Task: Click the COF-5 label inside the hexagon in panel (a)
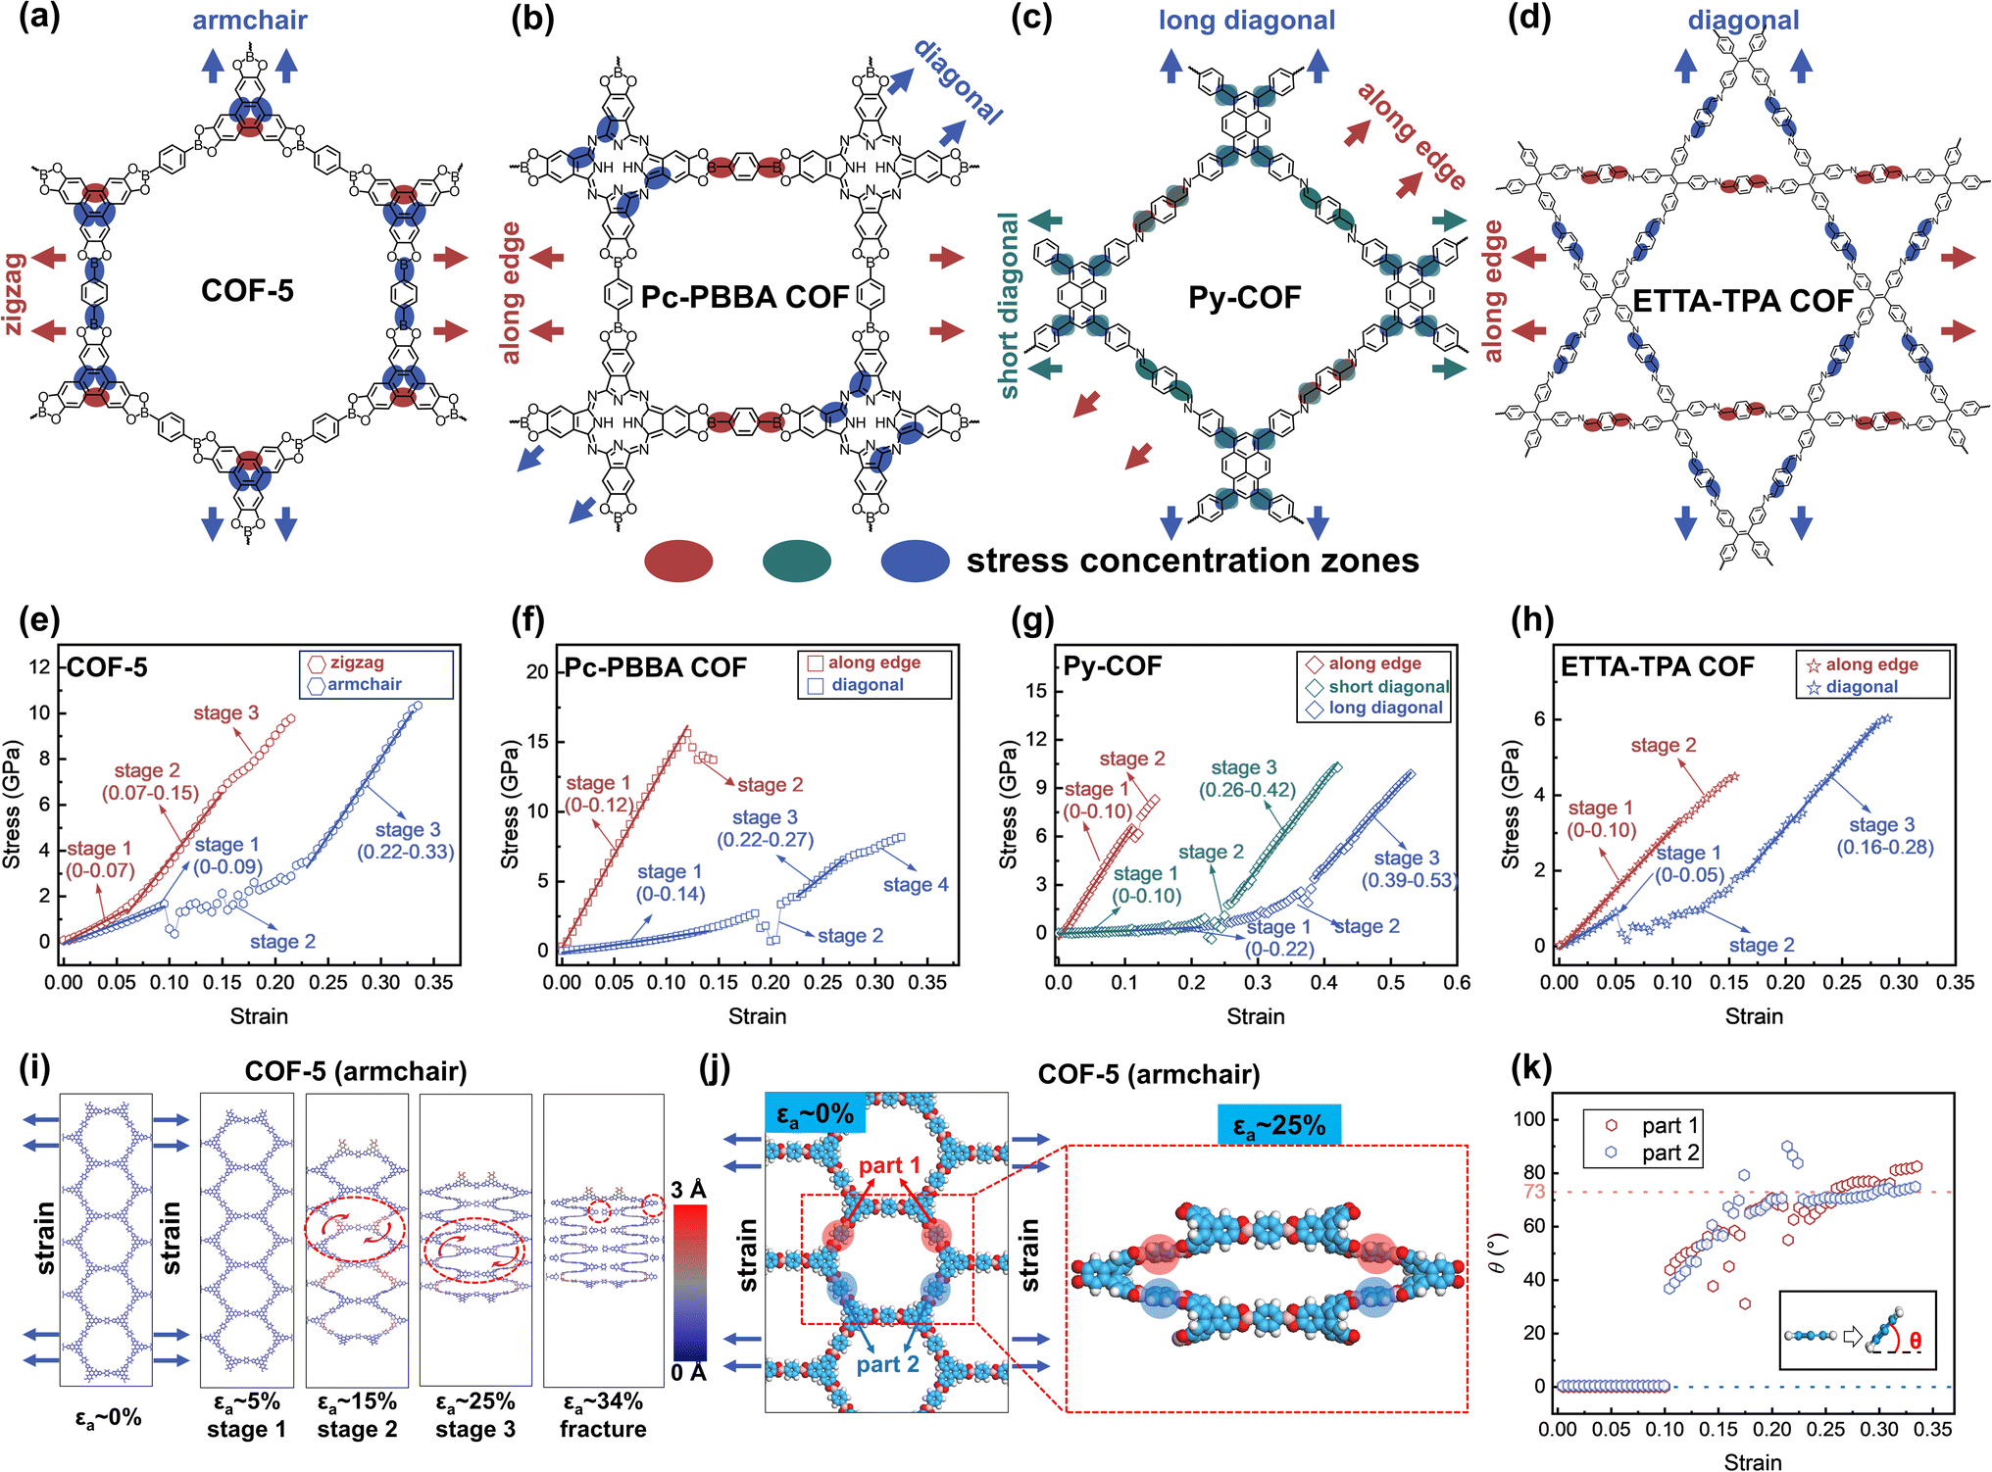[247, 291]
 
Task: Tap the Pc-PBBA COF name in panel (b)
[745, 297]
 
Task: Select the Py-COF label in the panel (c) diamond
[1245, 297]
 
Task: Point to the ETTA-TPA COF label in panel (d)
[1743, 301]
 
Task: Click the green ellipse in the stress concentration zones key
[797, 561]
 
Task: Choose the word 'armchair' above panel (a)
[250, 20]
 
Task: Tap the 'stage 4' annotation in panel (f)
[916, 885]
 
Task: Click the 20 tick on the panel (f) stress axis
[537, 671]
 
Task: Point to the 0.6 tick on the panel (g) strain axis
[1457, 983]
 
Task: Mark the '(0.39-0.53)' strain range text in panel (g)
[1409, 881]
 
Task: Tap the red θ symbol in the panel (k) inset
[1915, 1343]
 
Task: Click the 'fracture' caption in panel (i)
[603, 1429]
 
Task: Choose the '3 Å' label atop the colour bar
[688, 1190]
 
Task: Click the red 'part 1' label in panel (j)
[889, 1165]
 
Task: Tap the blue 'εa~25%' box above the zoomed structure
[1279, 1125]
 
